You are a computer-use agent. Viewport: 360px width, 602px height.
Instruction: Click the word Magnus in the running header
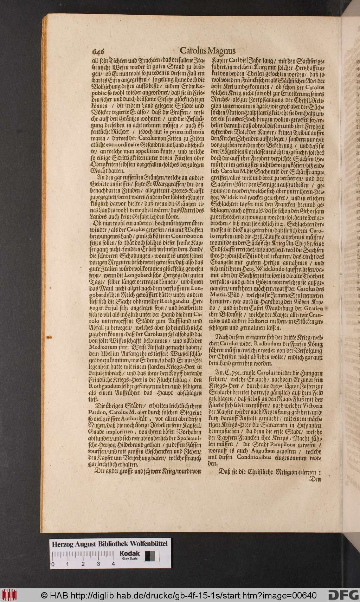point(222,50)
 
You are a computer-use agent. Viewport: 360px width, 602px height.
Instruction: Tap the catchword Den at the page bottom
point(314,479)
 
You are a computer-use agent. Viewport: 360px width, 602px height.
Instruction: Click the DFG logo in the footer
point(343,595)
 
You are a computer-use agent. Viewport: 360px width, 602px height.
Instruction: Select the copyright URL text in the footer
point(179,596)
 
